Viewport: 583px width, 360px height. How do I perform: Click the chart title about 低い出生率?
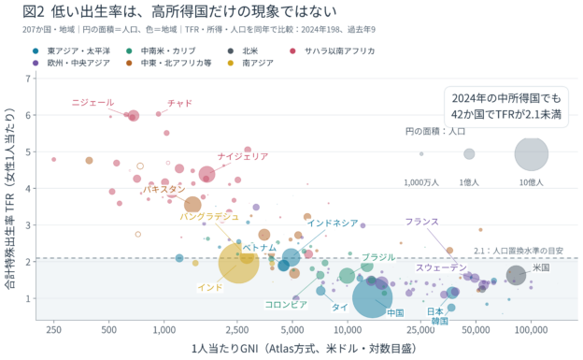coord(179,12)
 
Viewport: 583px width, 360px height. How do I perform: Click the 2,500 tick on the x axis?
coord(237,330)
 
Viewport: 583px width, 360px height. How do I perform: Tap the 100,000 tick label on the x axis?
coord(531,330)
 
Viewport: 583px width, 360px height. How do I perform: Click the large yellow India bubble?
coord(238,263)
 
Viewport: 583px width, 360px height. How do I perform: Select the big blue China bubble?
coord(372,298)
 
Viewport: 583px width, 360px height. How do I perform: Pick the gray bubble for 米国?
coord(516,276)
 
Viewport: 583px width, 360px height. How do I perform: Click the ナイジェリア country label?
coord(243,157)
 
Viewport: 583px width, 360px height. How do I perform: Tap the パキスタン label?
coord(164,189)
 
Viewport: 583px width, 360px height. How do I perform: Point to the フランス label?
coord(422,222)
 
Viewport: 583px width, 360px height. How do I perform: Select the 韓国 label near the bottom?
coord(439,321)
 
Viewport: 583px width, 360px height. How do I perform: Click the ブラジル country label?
coord(378,258)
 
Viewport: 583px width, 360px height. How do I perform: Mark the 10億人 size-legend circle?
coord(532,153)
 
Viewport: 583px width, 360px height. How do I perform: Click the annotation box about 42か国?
coord(506,107)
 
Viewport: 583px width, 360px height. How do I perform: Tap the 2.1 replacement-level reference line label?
coord(519,251)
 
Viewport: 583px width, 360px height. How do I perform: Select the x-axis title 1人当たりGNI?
coord(304,349)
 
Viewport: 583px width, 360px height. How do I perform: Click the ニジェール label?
coord(92,103)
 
